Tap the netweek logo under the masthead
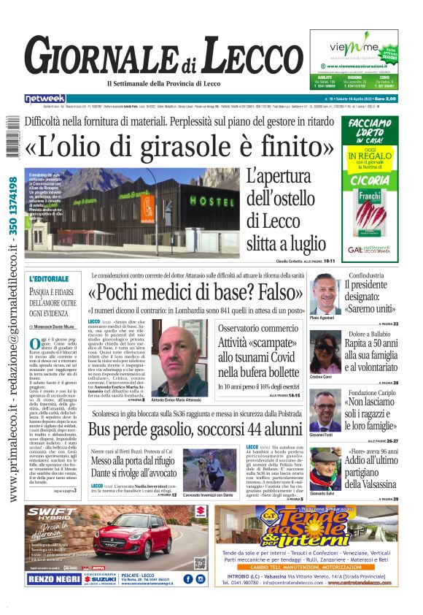pos(45,98)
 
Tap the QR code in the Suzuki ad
pos(199,563)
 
